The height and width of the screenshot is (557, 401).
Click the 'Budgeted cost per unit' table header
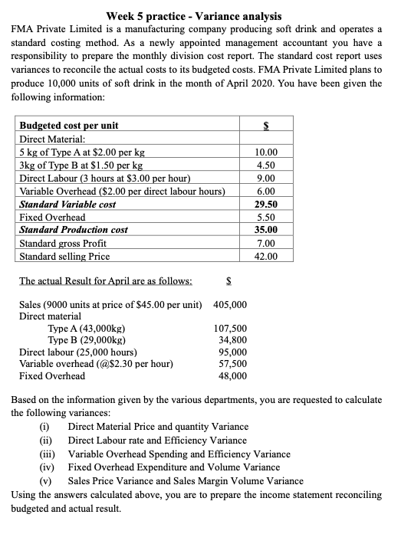tap(68, 126)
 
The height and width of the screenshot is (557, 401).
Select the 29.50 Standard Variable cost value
tap(265, 205)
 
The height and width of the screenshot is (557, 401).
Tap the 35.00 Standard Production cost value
tap(265, 231)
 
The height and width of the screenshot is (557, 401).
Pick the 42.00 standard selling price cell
tap(265, 257)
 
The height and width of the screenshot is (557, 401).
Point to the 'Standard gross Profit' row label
tap(63, 244)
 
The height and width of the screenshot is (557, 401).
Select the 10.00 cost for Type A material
tap(265, 152)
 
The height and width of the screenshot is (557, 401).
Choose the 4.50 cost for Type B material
tap(265, 165)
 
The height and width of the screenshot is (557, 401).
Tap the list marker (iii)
tap(48, 454)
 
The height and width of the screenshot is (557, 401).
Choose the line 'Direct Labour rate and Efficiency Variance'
tap(157, 441)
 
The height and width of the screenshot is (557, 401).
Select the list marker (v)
tap(48, 480)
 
